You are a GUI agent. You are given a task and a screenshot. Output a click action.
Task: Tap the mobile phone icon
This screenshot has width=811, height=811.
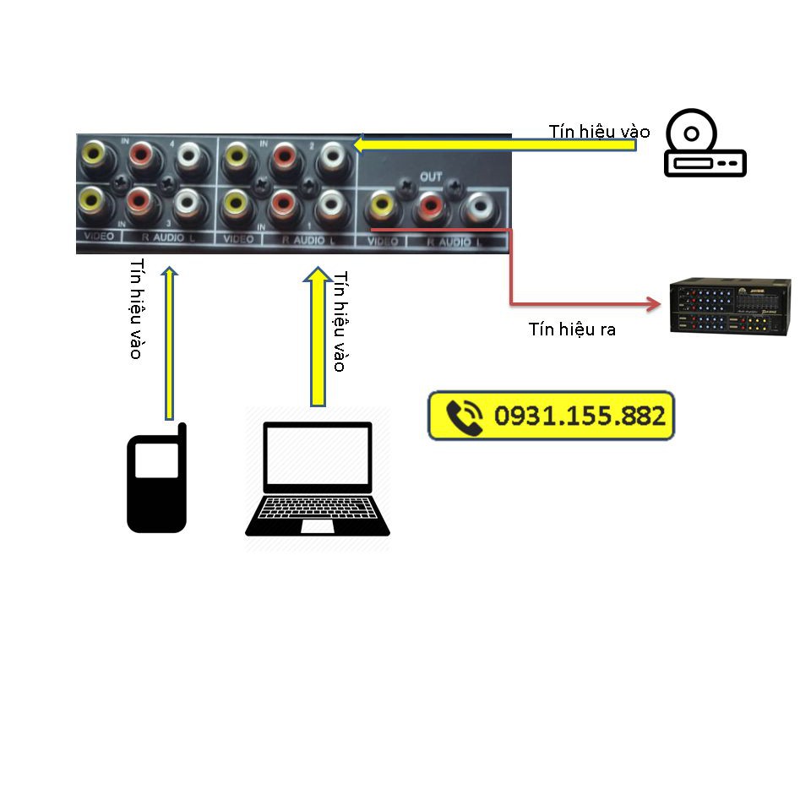click(x=157, y=482)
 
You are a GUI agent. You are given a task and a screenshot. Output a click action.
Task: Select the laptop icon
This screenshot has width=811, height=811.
click(x=318, y=480)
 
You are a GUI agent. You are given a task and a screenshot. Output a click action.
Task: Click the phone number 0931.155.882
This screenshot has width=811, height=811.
click(x=580, y=416)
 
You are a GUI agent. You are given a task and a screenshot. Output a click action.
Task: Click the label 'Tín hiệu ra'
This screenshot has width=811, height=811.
click(x=572, y=329)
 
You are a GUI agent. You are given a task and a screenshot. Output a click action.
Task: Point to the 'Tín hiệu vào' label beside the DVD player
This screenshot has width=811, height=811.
click(x=599, y=131)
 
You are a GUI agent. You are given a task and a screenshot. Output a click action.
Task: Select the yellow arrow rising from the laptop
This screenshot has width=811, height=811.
click(x=318, y=338)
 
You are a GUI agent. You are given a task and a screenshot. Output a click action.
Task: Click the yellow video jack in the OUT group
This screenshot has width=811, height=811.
click(x=382, y=205)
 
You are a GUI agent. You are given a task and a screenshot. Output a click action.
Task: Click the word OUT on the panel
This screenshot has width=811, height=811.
click(x=431, y=177)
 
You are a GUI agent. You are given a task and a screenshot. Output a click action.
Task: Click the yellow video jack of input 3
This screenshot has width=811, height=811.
click(x=91, y=202)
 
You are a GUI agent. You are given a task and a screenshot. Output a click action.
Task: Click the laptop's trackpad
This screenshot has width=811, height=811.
click(x=318, y=526)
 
